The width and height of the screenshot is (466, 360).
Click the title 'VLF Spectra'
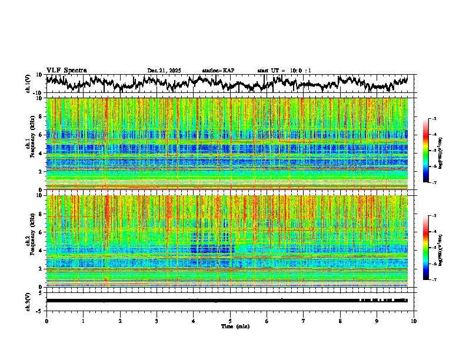[66, 70]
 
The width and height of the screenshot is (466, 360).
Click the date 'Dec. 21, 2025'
[164, 71]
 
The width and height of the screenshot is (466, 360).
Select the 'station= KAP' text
[218, 71]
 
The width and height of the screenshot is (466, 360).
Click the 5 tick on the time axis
[230, 321]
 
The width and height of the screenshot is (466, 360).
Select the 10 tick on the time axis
[414, 321]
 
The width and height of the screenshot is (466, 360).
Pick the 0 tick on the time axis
[46, 321]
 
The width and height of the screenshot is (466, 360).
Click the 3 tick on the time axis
[157, 321]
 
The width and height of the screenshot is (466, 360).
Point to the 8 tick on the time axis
[340, 321]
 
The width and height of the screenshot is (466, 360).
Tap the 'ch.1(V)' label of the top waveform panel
[28, 84]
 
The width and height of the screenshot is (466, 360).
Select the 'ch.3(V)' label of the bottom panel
[28, 301]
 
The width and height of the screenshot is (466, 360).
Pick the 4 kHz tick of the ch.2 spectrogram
[42, 250]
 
